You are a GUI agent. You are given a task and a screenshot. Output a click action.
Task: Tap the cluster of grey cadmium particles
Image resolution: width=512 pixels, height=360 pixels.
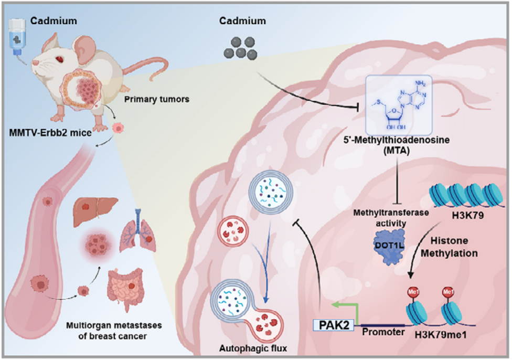click(241, 48)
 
